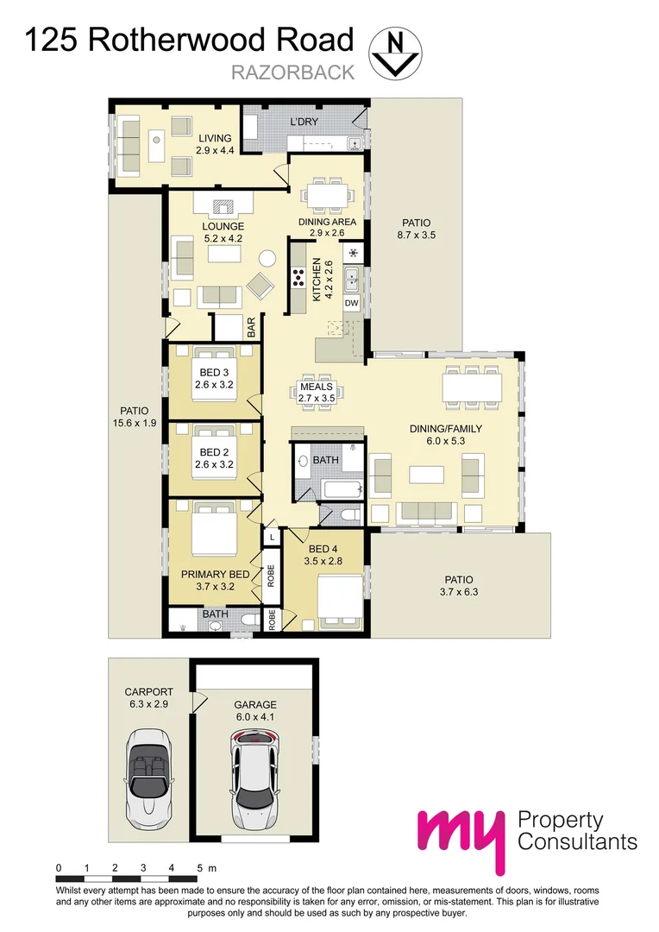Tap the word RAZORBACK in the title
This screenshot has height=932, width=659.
292,72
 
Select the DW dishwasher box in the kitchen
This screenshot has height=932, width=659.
351,304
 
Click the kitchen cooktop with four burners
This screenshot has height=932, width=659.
299,278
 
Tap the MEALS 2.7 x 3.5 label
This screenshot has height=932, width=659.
316,393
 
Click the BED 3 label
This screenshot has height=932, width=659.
213,379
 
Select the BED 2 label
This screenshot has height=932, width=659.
213,458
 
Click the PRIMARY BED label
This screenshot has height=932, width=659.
215,580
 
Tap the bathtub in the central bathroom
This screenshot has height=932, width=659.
341,491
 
